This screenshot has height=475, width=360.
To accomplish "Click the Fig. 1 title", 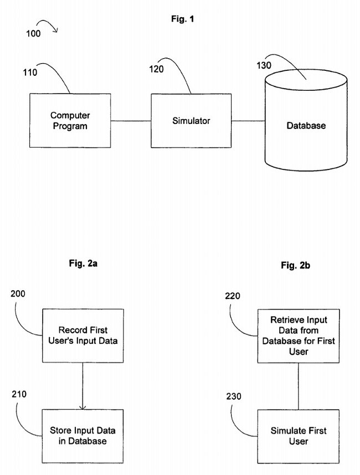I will point(182,19).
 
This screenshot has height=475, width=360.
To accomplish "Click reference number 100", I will point(33,34).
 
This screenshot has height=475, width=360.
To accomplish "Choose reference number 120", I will point(157,70).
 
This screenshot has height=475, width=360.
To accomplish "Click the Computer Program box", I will point(70,121).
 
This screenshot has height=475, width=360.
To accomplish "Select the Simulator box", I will point(191,120).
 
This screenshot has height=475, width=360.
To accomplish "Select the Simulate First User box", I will point(298,436).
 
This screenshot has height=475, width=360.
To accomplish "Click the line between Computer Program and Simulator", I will point(131,121).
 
